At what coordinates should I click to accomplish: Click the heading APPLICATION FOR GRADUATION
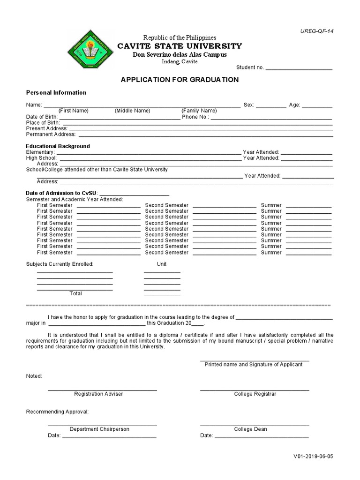tap(180, 80)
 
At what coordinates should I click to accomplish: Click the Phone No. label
tap(195, 117)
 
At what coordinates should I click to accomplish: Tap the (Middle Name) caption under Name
tap(132, 111)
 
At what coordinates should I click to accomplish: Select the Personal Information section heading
tap(56, 93)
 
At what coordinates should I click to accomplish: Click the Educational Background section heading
tap(58, 146)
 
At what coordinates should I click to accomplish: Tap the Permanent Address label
tap(48, 134)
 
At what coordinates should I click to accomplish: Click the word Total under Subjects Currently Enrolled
tap(75, 293)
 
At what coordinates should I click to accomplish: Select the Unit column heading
tap(162, 264)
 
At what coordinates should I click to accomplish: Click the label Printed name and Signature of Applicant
tap(254, 365)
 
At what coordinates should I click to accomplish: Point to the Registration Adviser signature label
tap(98, 394)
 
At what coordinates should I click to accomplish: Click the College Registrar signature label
tap(255, 394)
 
